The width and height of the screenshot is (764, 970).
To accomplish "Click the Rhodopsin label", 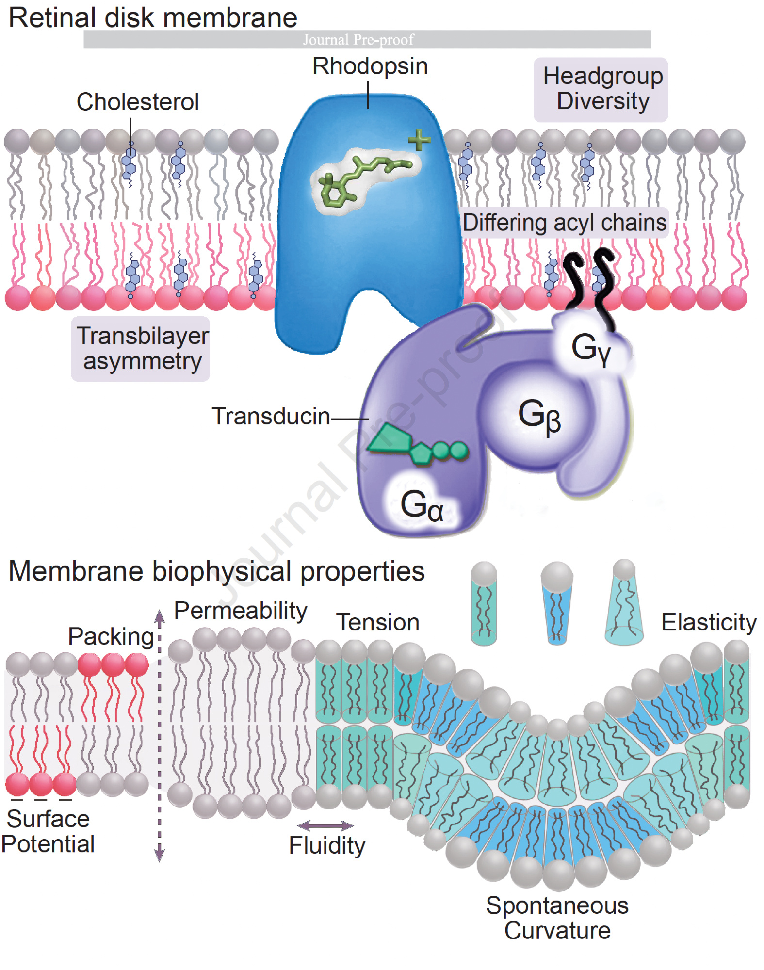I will [370, 66].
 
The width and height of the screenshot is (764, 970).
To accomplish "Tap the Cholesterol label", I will [138, 102].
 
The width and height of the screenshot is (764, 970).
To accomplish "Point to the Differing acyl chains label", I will [564, 223].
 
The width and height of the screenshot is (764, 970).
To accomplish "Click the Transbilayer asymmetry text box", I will [141, 349].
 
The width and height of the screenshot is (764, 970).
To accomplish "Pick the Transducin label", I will [271, 416].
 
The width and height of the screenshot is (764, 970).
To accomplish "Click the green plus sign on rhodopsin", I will [419, 140].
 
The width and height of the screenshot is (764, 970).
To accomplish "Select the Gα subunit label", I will [421, 505].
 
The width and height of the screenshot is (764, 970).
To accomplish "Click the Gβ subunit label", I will [539, 415].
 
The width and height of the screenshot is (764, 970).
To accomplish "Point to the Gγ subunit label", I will [591, 348].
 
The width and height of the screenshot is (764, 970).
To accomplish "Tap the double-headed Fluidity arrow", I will [325, 825].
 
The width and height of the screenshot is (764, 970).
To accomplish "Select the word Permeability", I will [240, 611].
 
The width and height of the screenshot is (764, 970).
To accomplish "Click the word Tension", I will [378, 622].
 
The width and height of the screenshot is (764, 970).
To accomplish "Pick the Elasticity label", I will [709, 622].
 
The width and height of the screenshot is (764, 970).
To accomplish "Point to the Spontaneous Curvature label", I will [557, 918].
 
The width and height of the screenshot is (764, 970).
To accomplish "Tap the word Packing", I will [111, 636].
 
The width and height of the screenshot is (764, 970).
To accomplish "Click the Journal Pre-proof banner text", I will [358, 40].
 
